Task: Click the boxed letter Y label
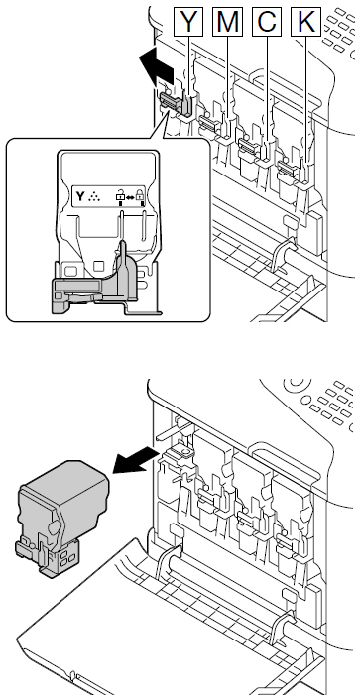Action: [188, 22]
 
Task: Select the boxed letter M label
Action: [228, 22]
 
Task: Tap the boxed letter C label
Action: [267, 22]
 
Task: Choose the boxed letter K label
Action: [306, 22]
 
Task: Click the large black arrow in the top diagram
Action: [155, 66]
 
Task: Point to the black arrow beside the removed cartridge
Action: [136, 461]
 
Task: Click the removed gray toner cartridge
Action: [62, 519]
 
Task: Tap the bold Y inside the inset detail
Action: [80, 196]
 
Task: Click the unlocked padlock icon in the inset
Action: [120, 195]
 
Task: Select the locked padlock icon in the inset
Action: [141, 195]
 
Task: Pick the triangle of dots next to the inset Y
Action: [94, 196]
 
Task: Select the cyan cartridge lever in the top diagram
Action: [250, 145]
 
